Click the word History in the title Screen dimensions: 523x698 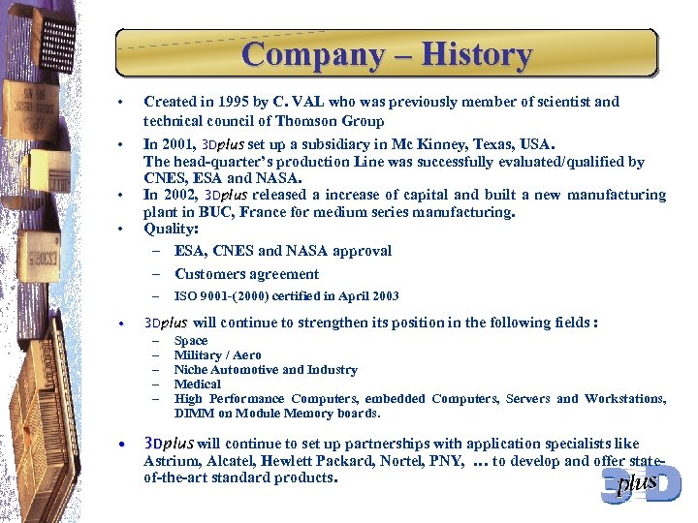(x=473, y=54)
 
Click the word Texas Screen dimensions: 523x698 (x=480, y=144)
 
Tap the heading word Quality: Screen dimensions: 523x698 (x=171, y=230)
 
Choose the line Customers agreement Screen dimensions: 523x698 (x=246, y=274)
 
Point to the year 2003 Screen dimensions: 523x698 (x=382, y=296)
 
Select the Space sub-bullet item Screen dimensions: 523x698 (x=190, y=341)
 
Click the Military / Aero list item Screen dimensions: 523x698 (x=217, y=355)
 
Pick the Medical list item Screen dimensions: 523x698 (x=197, y=385)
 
